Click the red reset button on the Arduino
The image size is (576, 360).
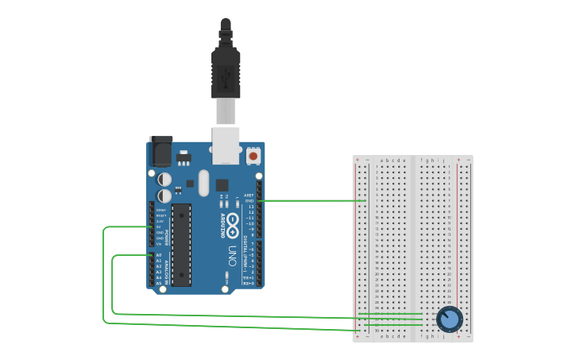(253, 156)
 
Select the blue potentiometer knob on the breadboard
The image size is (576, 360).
(449, 319)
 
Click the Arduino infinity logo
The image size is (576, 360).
(232, 220)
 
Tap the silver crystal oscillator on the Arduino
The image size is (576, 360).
(203, 184)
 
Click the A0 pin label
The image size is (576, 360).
(159, 255)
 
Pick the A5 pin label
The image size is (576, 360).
(159, 283)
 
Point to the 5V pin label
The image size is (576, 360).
(159, 227)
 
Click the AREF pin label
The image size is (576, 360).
(249, 195)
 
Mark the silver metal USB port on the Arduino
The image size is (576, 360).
(226, 144)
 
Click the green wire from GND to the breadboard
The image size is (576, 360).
(314, 200)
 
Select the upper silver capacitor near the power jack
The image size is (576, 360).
(164, 180)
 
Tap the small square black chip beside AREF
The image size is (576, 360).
(222, 184)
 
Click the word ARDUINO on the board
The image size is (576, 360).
(222, 226)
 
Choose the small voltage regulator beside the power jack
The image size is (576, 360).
(184, 156)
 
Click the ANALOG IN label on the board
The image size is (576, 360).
(167, 269)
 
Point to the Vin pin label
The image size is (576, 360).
(159, 243)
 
